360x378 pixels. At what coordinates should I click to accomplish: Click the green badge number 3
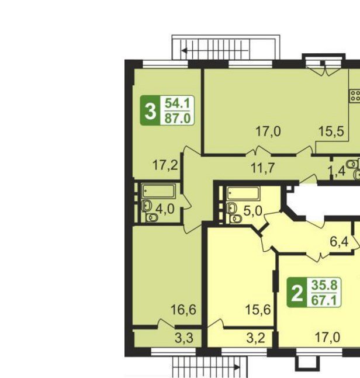click(x=150, y=111)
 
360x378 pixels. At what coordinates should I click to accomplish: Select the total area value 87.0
click(x=178, y=119)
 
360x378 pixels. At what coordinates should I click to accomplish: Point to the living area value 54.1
click(x=178, y=103)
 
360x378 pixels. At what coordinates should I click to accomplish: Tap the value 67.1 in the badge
click(x=324, y=300)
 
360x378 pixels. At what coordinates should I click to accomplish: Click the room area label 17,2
click(x=165, y=165)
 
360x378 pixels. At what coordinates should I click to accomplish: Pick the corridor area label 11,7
click(x=262, y=168)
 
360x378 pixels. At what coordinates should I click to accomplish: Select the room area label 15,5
click(x=331, y=131)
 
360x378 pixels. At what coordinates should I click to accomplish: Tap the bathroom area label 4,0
click(x=165, y=209)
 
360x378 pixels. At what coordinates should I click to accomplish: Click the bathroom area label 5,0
click(x=252, y=211)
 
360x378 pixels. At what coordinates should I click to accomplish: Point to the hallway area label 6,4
click(x=339, y=241)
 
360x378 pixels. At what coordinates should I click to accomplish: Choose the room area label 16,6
click(x=184, y=310)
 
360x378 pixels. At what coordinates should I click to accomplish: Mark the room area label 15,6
click(x=258, y=310)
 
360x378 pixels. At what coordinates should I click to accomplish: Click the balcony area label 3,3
click(x=184, y=338)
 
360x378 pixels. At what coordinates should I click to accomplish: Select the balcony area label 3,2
click(x=255, y=338)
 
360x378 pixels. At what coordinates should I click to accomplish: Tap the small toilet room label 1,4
click(x=337, y=172)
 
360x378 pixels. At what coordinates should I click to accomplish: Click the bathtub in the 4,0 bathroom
click(x=158, y=192)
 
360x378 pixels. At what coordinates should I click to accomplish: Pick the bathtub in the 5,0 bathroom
click(x=243, y=193)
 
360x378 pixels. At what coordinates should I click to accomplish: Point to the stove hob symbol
click(x=355, y=95)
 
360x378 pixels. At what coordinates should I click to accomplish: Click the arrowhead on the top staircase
click(x=185, y=51)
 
